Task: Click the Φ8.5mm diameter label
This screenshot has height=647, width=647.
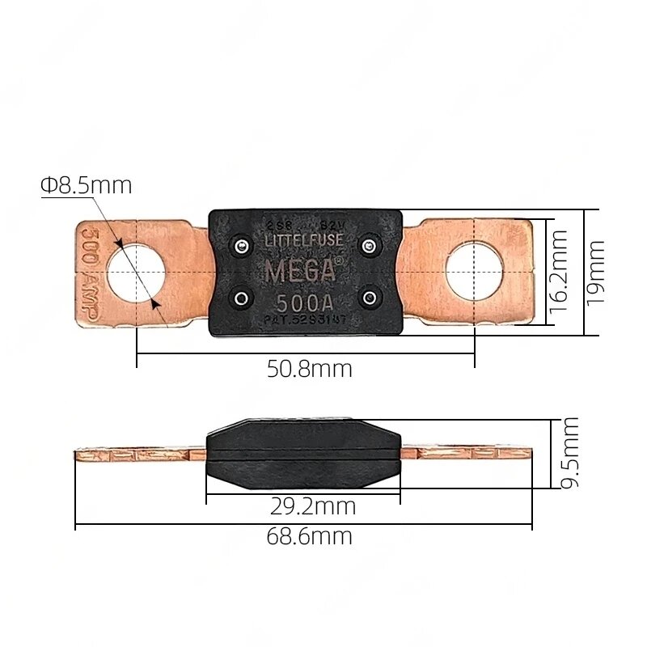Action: point(86,186)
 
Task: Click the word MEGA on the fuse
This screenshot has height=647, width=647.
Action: point(299,271)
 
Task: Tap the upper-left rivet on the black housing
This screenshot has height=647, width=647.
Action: point(241,244)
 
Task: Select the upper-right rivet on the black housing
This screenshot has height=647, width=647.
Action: point(369,244)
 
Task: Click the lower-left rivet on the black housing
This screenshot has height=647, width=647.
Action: point(241,299)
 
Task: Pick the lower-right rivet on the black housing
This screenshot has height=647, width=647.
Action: point(369,299)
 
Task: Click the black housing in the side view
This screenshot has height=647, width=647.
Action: point(303,454)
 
